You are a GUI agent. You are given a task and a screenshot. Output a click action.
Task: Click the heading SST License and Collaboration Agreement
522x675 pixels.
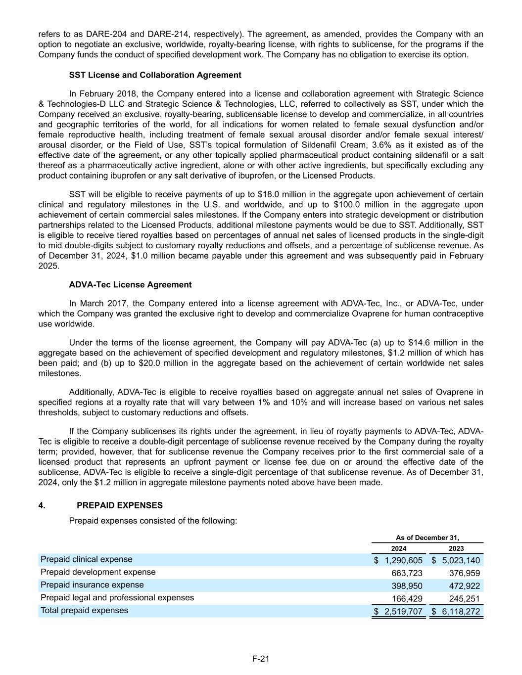(155, 75)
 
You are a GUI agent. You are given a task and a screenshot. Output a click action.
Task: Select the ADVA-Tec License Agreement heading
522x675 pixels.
(130, 285)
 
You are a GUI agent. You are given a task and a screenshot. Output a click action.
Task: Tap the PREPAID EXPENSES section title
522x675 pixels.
(120, 505)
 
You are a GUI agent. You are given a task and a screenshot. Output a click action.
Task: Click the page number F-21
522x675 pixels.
(261, 659)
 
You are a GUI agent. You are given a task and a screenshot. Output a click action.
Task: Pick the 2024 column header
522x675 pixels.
(399, 548)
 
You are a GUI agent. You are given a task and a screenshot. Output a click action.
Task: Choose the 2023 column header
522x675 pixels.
(456, 548)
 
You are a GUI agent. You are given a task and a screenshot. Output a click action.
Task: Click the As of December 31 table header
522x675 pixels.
(427, 538)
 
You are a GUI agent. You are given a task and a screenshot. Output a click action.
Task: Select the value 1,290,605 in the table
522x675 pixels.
(403, 560)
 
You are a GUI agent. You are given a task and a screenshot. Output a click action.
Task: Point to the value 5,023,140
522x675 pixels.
(461, 560)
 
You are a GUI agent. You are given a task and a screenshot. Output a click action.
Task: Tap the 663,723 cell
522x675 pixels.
(407, 573)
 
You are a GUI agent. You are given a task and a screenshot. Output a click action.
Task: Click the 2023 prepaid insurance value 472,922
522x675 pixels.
(464, 586)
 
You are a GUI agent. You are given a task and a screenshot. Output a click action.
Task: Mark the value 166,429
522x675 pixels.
(407, 599)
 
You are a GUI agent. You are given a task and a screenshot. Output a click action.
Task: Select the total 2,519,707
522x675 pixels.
(403, 612)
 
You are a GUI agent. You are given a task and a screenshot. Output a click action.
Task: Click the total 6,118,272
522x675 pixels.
(461, 612)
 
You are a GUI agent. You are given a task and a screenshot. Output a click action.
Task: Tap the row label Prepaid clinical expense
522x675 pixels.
(87, 559)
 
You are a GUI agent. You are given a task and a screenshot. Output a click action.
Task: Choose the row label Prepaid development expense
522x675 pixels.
(98, 572)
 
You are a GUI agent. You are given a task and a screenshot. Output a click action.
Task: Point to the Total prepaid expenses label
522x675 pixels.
(84, 610)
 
